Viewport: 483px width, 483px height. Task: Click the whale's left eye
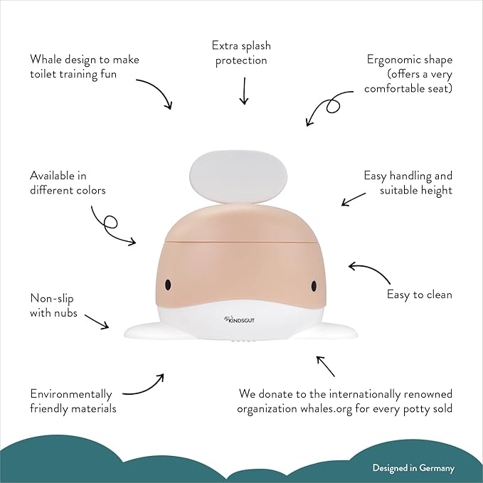point(168,285)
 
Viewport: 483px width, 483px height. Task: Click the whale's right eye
point(314,285)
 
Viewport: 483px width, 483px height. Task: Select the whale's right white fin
point(334,330)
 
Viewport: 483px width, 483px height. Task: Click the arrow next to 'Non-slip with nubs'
point(95,321)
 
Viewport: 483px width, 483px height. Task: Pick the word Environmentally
point(71,394)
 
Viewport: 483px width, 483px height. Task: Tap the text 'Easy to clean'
point(419,294)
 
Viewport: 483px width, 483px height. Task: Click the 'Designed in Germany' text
point(413,468)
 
